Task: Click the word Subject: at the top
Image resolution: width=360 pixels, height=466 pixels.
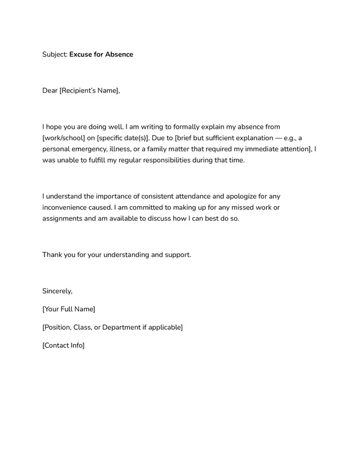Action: point(55,55)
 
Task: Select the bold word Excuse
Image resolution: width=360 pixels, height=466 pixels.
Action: point(81,55)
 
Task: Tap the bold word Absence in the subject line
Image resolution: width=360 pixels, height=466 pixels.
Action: point(119,55)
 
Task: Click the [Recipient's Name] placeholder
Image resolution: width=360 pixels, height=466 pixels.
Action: point(90,90)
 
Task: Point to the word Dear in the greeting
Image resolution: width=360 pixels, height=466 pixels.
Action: point(50,90)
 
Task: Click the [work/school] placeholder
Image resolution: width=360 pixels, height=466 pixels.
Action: point(64,138)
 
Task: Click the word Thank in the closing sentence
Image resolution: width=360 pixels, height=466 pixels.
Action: point(52,255)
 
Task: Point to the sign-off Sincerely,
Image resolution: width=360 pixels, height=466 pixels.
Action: point(58,291)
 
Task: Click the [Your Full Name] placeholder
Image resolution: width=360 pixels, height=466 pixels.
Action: point(69,309)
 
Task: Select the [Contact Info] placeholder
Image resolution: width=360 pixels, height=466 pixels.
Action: point(63,345)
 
